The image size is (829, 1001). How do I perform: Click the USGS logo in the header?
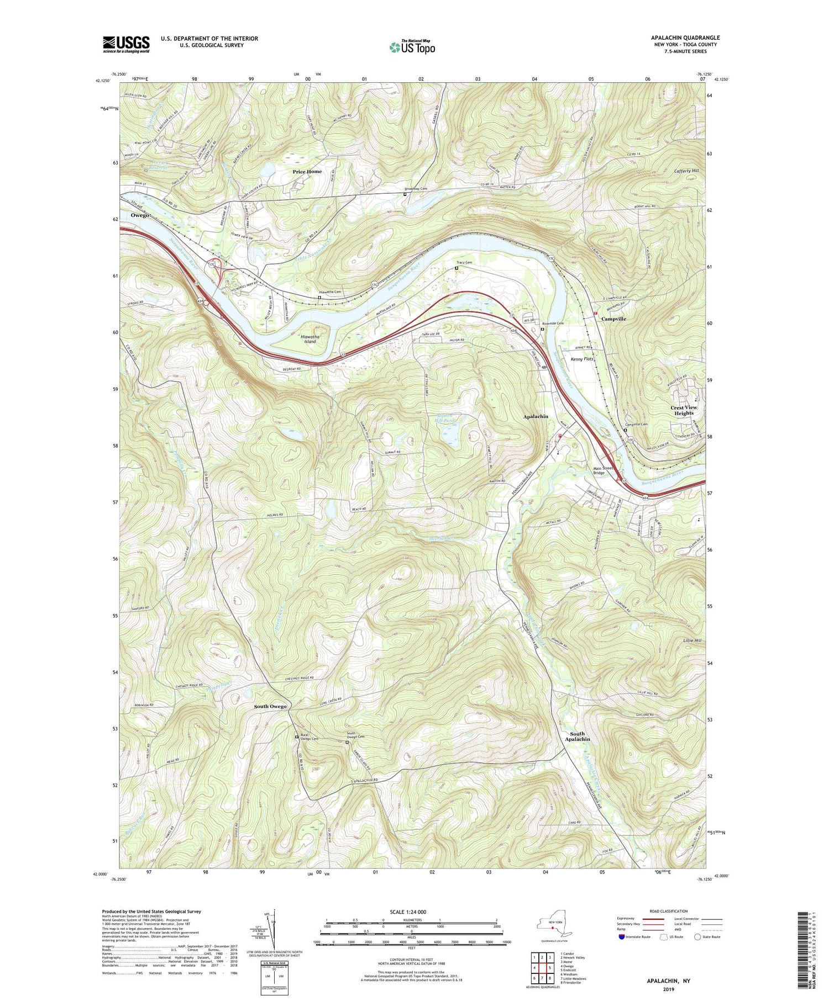(125, 44)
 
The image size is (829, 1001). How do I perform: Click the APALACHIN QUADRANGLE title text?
(685, 38)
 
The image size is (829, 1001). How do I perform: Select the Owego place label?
(140, 215)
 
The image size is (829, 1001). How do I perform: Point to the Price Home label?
(307, 172)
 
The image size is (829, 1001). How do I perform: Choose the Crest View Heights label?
(684, 410)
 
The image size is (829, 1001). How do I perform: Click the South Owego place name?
(270, 707)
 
